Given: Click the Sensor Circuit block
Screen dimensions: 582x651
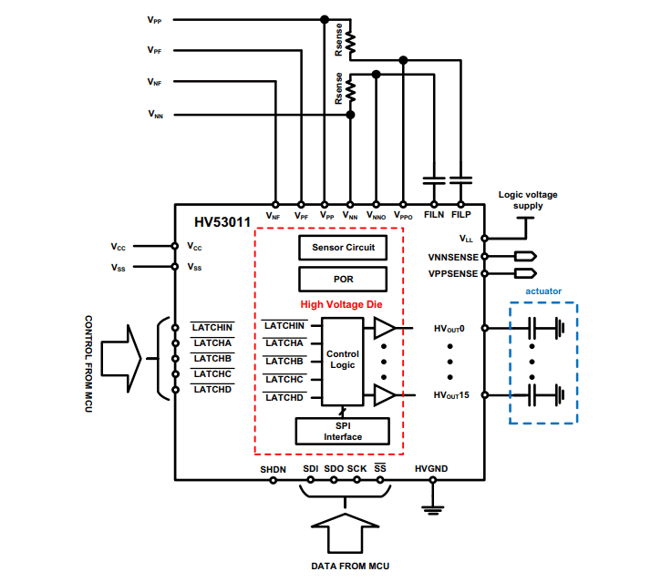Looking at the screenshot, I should click(343, 248).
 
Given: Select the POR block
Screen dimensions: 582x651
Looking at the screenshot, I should click(343, 278).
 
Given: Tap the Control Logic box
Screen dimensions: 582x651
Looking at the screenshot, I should click(342, 360).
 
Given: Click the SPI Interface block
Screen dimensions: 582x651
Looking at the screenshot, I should click(343, 431).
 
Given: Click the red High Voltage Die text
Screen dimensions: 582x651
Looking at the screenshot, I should click(342, 305).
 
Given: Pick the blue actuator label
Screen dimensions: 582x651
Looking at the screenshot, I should click(543, 291).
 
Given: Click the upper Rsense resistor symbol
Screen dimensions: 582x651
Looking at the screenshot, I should click(350, 41).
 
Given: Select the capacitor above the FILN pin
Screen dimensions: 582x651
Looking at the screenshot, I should click(433, 179).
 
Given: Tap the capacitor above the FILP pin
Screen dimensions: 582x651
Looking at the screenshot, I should click(460, 179).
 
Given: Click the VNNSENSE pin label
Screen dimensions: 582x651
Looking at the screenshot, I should click(451, 257).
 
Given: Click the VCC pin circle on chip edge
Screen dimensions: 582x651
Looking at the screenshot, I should click(174, 246).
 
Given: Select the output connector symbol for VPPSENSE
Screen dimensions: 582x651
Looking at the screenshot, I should click(524, 273).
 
